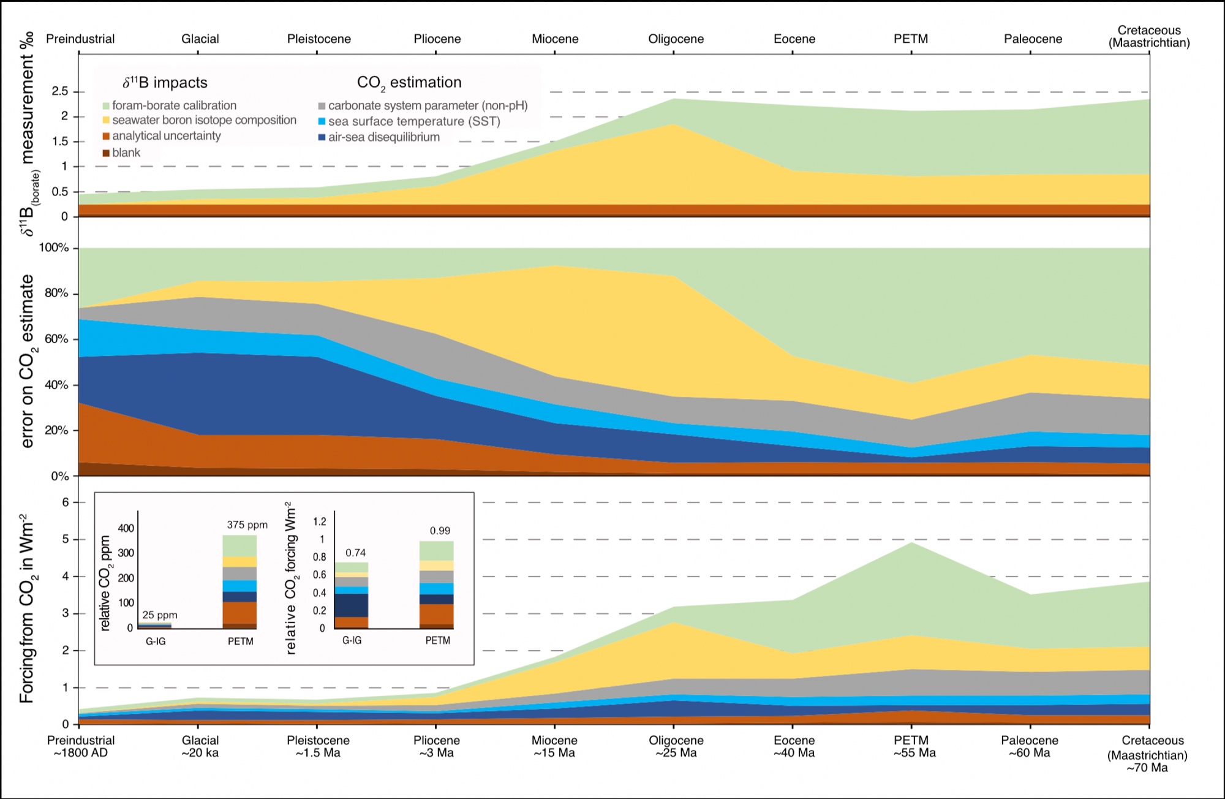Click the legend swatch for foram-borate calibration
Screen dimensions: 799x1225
point(106,106)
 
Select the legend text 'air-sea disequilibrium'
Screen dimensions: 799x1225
point(383,137)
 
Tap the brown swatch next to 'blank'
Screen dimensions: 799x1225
point(106,153)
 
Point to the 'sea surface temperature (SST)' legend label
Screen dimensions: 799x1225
point(414,121)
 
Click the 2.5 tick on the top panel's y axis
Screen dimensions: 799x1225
point(60,91)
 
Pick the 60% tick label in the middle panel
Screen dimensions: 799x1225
point(56,339)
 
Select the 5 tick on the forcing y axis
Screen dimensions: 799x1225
point(65,539)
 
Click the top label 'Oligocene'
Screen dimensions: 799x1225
point(676,39)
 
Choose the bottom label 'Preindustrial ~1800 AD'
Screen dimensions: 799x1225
point(81,746)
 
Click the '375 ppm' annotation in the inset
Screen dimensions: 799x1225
point(247,524)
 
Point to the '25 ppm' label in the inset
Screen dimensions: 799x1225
point(159,615)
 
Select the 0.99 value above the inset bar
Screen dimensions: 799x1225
point(440,531)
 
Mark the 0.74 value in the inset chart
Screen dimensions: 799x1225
point(355,553)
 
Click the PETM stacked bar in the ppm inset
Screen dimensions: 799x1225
point(239,582)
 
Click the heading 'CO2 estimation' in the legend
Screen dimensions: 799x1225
point(409,83)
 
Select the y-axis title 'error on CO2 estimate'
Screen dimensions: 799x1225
point(28,362)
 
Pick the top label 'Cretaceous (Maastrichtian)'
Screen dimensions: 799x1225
point(1148,36)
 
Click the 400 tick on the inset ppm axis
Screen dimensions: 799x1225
point(126,528)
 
